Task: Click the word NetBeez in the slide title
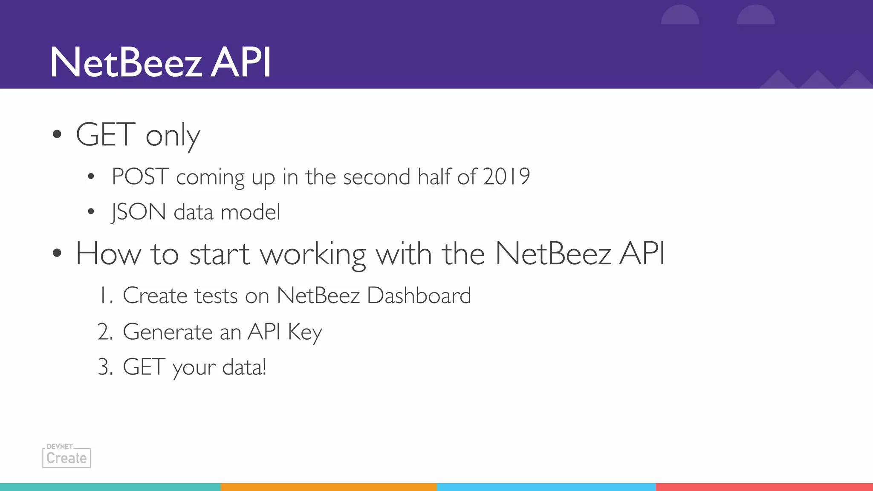126,63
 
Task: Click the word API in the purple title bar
241,63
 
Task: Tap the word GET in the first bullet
105,135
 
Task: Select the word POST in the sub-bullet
140,176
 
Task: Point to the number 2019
507,176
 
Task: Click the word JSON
139,212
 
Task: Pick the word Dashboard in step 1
419,295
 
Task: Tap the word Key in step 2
305,332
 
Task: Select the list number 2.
105,332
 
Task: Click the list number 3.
105,367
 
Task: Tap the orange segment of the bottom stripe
328,487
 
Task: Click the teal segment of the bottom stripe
110,487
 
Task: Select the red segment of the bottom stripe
764,487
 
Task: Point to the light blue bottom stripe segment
546,487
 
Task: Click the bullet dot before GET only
57,135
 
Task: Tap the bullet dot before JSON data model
91,212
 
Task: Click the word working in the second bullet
313,254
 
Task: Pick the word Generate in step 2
168,332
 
